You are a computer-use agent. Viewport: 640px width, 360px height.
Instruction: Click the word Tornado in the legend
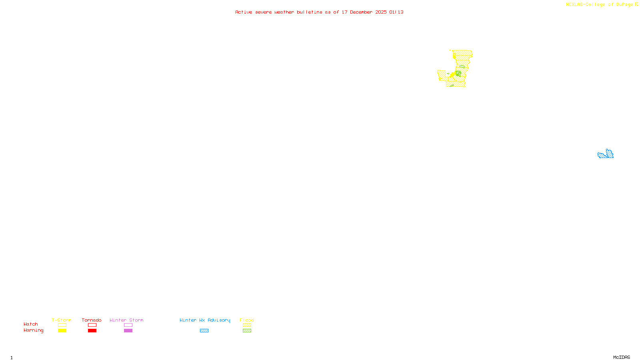[x=92, y=320]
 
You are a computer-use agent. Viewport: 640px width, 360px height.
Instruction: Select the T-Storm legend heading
[x=62, y=320]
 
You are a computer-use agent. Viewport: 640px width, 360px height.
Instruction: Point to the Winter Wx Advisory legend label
[x=205, y=320]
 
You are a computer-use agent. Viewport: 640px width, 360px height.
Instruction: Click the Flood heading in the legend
[x=247, y=320]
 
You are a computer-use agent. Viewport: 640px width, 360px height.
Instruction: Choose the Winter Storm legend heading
[x=126, y=320]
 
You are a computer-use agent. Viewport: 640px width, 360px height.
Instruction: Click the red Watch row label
[x=31, y=324]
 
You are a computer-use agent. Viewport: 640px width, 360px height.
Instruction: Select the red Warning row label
[x=34, y=330]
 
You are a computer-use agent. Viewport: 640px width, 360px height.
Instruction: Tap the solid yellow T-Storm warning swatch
[x=62, y=331]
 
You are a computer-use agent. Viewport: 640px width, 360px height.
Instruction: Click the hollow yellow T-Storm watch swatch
[x=62, y=325]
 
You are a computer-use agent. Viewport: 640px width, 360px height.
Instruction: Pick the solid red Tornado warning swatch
[x=92, y=331]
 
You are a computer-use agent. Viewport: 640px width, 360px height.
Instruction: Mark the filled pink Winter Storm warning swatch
[x=128, y=331]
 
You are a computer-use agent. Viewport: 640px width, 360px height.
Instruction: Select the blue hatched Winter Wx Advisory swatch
[x=204, y=331]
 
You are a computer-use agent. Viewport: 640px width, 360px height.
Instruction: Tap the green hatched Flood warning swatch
[x=247, y=331]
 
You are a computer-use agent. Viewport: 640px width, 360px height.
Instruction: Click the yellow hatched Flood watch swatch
[x=247, y=325]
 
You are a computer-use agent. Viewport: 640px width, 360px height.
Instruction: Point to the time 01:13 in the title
[x=396, y=12]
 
